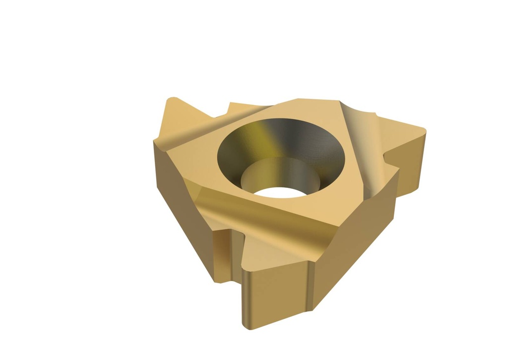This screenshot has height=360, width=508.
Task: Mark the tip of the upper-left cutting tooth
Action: point(172,101)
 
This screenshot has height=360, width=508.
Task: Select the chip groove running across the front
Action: point(248,213)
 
